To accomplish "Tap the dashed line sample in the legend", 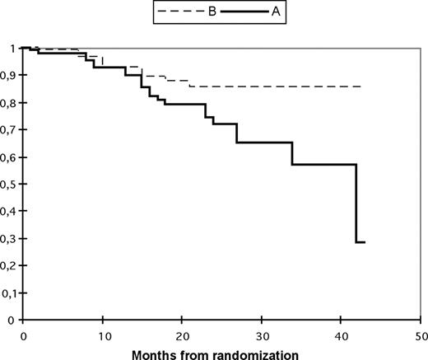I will [174, 13].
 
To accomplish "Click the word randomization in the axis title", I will [256, 353].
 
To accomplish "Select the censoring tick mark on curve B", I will [102, 59].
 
